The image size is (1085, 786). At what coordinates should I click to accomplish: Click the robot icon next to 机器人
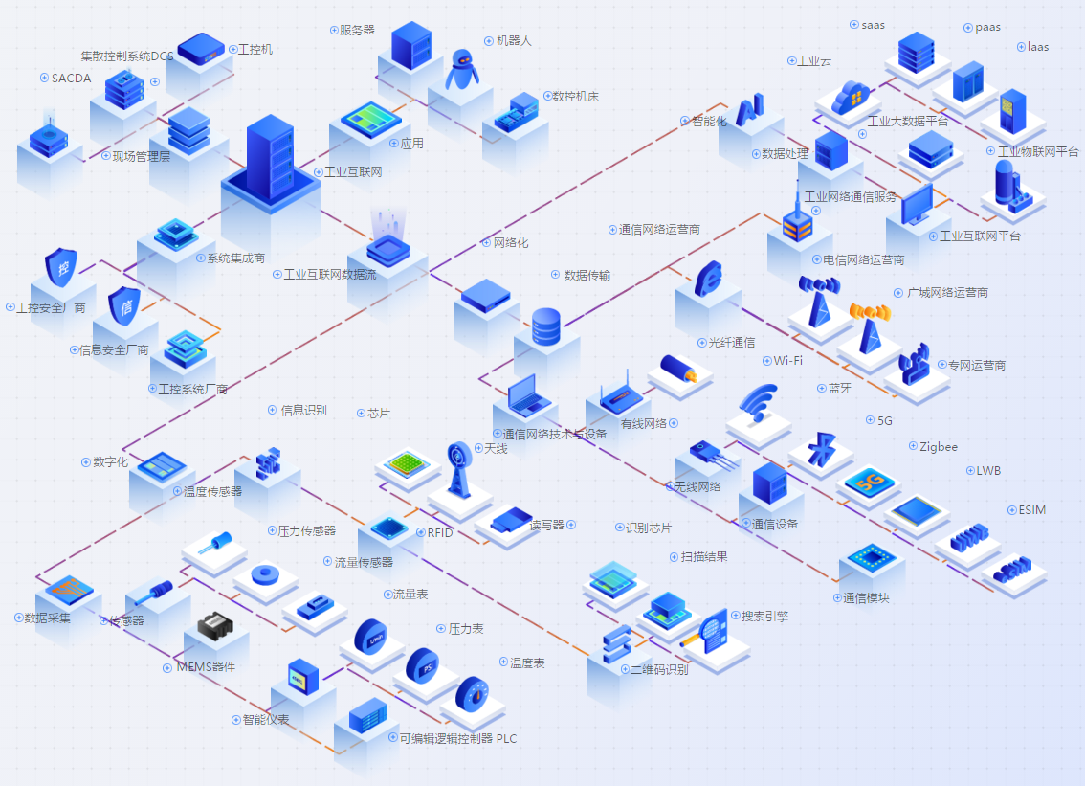(x=463, y=69)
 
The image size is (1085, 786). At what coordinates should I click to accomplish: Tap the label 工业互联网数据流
(x=330, y=275)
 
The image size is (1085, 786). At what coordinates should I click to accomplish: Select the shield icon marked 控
(x=62, y=268)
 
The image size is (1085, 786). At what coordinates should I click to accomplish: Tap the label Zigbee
(x=939, y=446)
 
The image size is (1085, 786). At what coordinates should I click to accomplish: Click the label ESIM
(x=1032, y=510)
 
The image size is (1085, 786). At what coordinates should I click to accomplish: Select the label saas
(x=873, y=25)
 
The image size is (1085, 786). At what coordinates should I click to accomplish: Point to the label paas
(x=987, y=27)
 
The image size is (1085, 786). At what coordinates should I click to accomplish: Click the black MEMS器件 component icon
(x=216, y=627)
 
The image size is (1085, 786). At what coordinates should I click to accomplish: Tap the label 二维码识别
(x=659, y=669)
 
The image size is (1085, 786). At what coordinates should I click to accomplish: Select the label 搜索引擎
(x=764, y=616)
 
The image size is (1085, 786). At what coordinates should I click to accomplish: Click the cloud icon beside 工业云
(x=851, y=96)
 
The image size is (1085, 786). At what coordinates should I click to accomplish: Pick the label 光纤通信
(x=731, y=343)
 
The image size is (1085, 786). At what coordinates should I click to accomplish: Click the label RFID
(x=440, y=533)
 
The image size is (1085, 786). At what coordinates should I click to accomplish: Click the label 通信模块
(x=866, y=598)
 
